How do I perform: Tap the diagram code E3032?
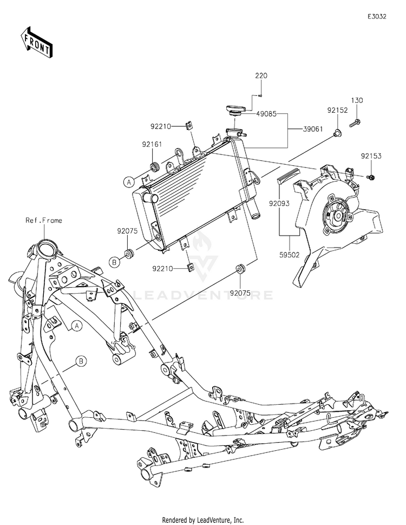[x=377, y=16]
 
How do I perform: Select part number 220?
[x=261, y=76]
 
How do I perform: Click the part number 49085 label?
[x=266, y=114]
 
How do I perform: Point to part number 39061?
[x=313, y=129]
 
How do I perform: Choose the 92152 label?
[x=337, y=110]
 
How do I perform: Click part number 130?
[x=357, y=100]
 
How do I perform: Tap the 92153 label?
[x=371, y=156]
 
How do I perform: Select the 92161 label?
[x=152, y=144]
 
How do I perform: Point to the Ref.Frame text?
[x=44, y=221]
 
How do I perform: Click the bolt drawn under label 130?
[x=355, y=123]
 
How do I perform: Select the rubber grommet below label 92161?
[x=154, y=166]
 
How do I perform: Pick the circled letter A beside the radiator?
[x=129, y=182]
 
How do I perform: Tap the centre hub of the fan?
[x=337, y=215]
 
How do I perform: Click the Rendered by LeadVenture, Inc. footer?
[x=202, y=520]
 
